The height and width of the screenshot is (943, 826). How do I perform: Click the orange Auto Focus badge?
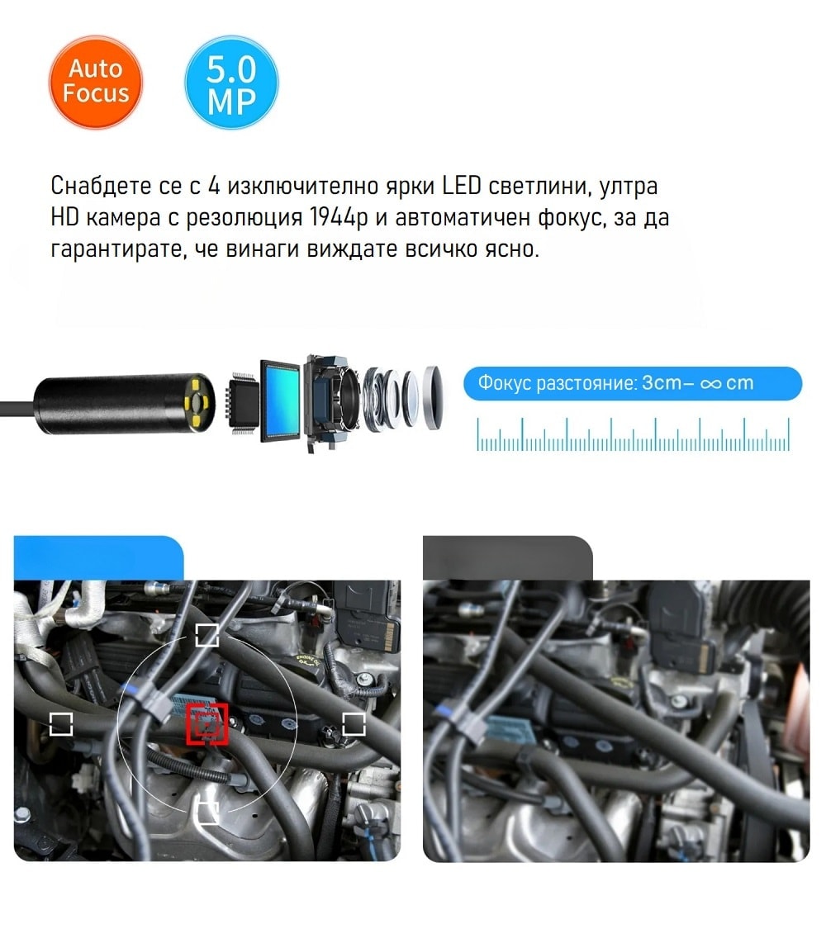click(95, 82)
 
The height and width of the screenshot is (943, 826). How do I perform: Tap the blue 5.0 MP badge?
click(231, 82)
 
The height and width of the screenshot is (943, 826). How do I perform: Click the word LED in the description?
click(462, 186)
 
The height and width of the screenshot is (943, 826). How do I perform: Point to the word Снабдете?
click(101, 186)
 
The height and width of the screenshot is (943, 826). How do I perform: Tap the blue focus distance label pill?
click(632, 383)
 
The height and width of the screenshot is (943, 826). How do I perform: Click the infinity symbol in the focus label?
click(710, 384)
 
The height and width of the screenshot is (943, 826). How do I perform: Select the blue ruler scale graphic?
click(633, 434)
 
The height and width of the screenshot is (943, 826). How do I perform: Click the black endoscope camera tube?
click(123, 402)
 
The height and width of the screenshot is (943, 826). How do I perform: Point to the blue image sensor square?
click(280, 400)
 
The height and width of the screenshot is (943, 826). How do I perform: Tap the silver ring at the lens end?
click(433, 397)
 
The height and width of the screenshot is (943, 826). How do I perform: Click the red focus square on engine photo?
click(207, 723)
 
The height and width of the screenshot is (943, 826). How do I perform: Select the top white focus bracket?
click(207, 635)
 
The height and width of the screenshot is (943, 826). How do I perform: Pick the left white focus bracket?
click(61, 724)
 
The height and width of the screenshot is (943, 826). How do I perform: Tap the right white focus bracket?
click(354, 724)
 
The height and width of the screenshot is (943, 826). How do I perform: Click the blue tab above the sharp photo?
click(98, 558)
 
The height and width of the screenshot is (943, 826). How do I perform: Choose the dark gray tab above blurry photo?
click(508, 558)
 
